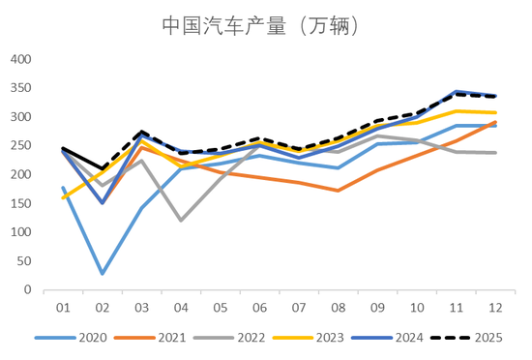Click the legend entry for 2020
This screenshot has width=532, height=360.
(x=77, y=337)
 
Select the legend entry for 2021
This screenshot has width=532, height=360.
(x=154, y=337)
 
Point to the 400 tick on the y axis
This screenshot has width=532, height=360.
(x=20, y=59)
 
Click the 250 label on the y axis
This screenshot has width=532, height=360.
(x=20, y=146)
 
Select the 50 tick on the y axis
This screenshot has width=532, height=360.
(x=24, y=261)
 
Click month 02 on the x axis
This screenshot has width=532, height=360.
(x=102, y=308)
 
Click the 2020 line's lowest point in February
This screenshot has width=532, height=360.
(x=102, y=274)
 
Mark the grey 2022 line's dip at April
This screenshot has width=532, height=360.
(x=181, y=221)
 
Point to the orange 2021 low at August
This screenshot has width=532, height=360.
(x=339, y=191)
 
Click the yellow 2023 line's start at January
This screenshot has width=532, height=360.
(x=63, y=197)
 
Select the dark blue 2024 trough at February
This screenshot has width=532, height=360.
(x=102, y=203)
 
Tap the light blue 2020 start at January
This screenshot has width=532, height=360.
(x=63, y=188)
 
